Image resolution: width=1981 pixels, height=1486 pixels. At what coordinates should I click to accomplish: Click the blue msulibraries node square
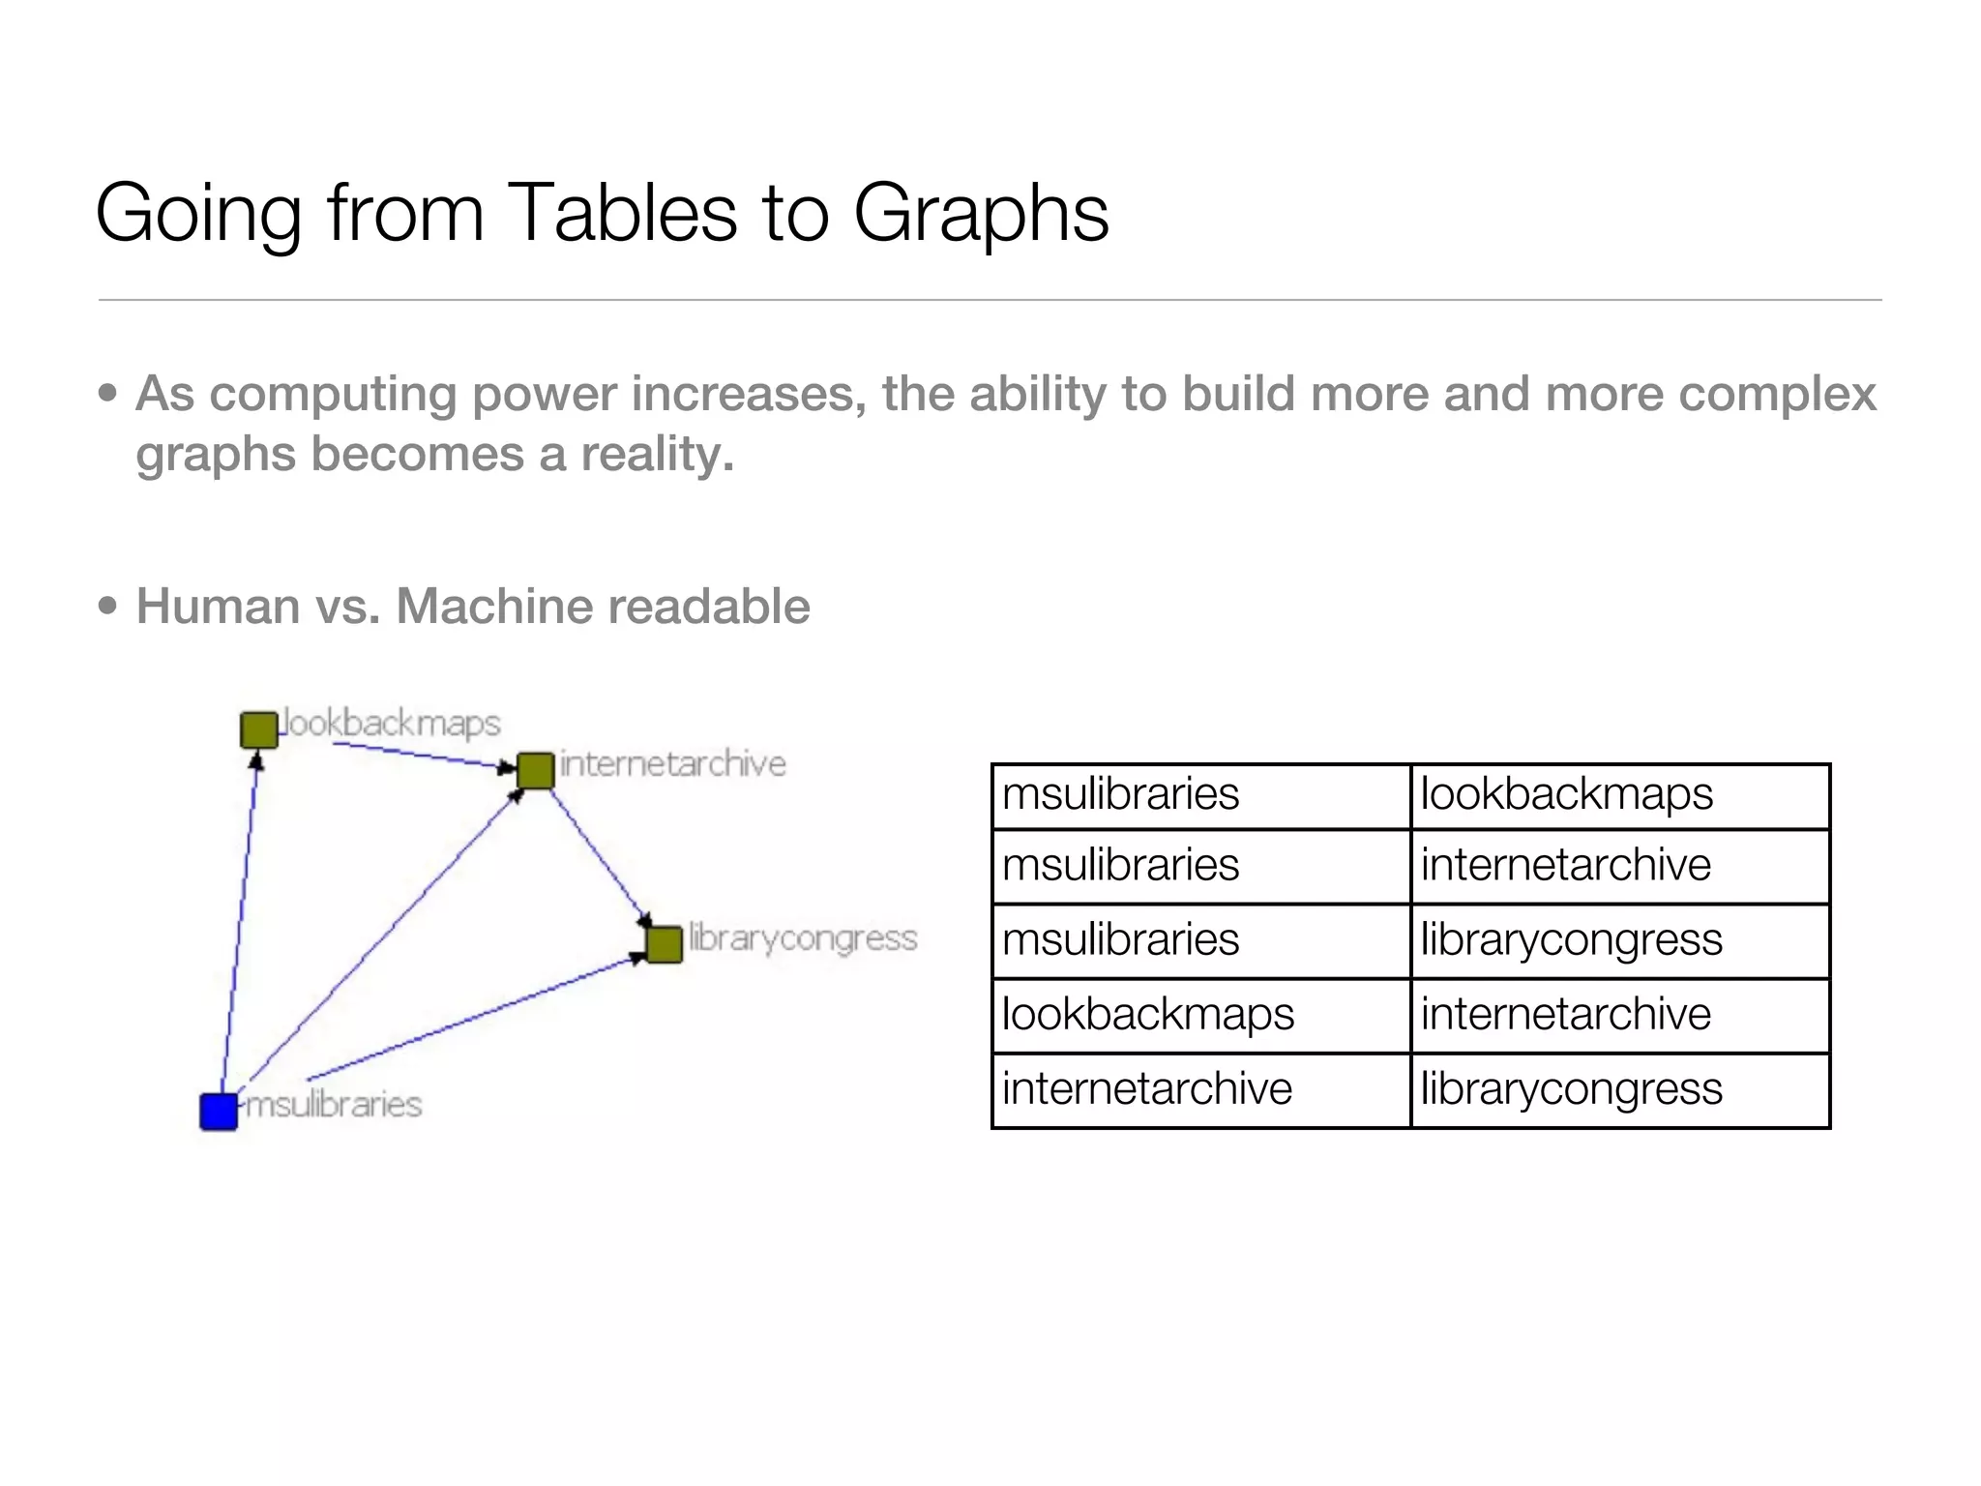tap(219, 1112)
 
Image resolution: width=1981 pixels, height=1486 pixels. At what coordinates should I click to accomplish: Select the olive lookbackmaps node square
tap(258, 729)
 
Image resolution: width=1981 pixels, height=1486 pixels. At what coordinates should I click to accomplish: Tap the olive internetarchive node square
tap(535, 770)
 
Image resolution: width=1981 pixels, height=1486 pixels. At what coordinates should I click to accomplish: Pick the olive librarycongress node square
tap(664, 944)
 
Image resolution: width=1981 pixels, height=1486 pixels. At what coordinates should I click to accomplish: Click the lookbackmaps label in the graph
tap(392, 724)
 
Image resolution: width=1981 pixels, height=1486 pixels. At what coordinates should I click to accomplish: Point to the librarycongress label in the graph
tap(802, 938)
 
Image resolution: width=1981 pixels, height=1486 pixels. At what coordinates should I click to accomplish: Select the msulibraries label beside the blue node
tap(334, 1104)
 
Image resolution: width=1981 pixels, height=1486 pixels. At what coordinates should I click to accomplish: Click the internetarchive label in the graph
tap(673, 764)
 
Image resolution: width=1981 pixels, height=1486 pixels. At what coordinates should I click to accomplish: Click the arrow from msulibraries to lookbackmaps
tap(239, 919)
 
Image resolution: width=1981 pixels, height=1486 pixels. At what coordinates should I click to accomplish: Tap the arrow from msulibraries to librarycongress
tap(474, 1018)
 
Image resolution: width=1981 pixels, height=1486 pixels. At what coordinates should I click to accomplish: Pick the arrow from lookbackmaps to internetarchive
tap(416, 755)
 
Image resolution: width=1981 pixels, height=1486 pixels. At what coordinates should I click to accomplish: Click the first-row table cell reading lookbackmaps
tap(1619, 795)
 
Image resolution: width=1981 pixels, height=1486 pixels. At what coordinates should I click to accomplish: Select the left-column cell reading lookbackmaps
tap(1200, 1015)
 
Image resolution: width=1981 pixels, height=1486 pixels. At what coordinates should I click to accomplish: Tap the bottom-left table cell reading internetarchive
tap(1200, 1090)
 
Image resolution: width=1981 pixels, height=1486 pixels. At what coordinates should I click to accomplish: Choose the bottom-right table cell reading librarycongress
tap(1619, 1090)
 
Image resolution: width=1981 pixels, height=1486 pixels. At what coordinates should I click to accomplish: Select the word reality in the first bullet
tap(658, 454)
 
